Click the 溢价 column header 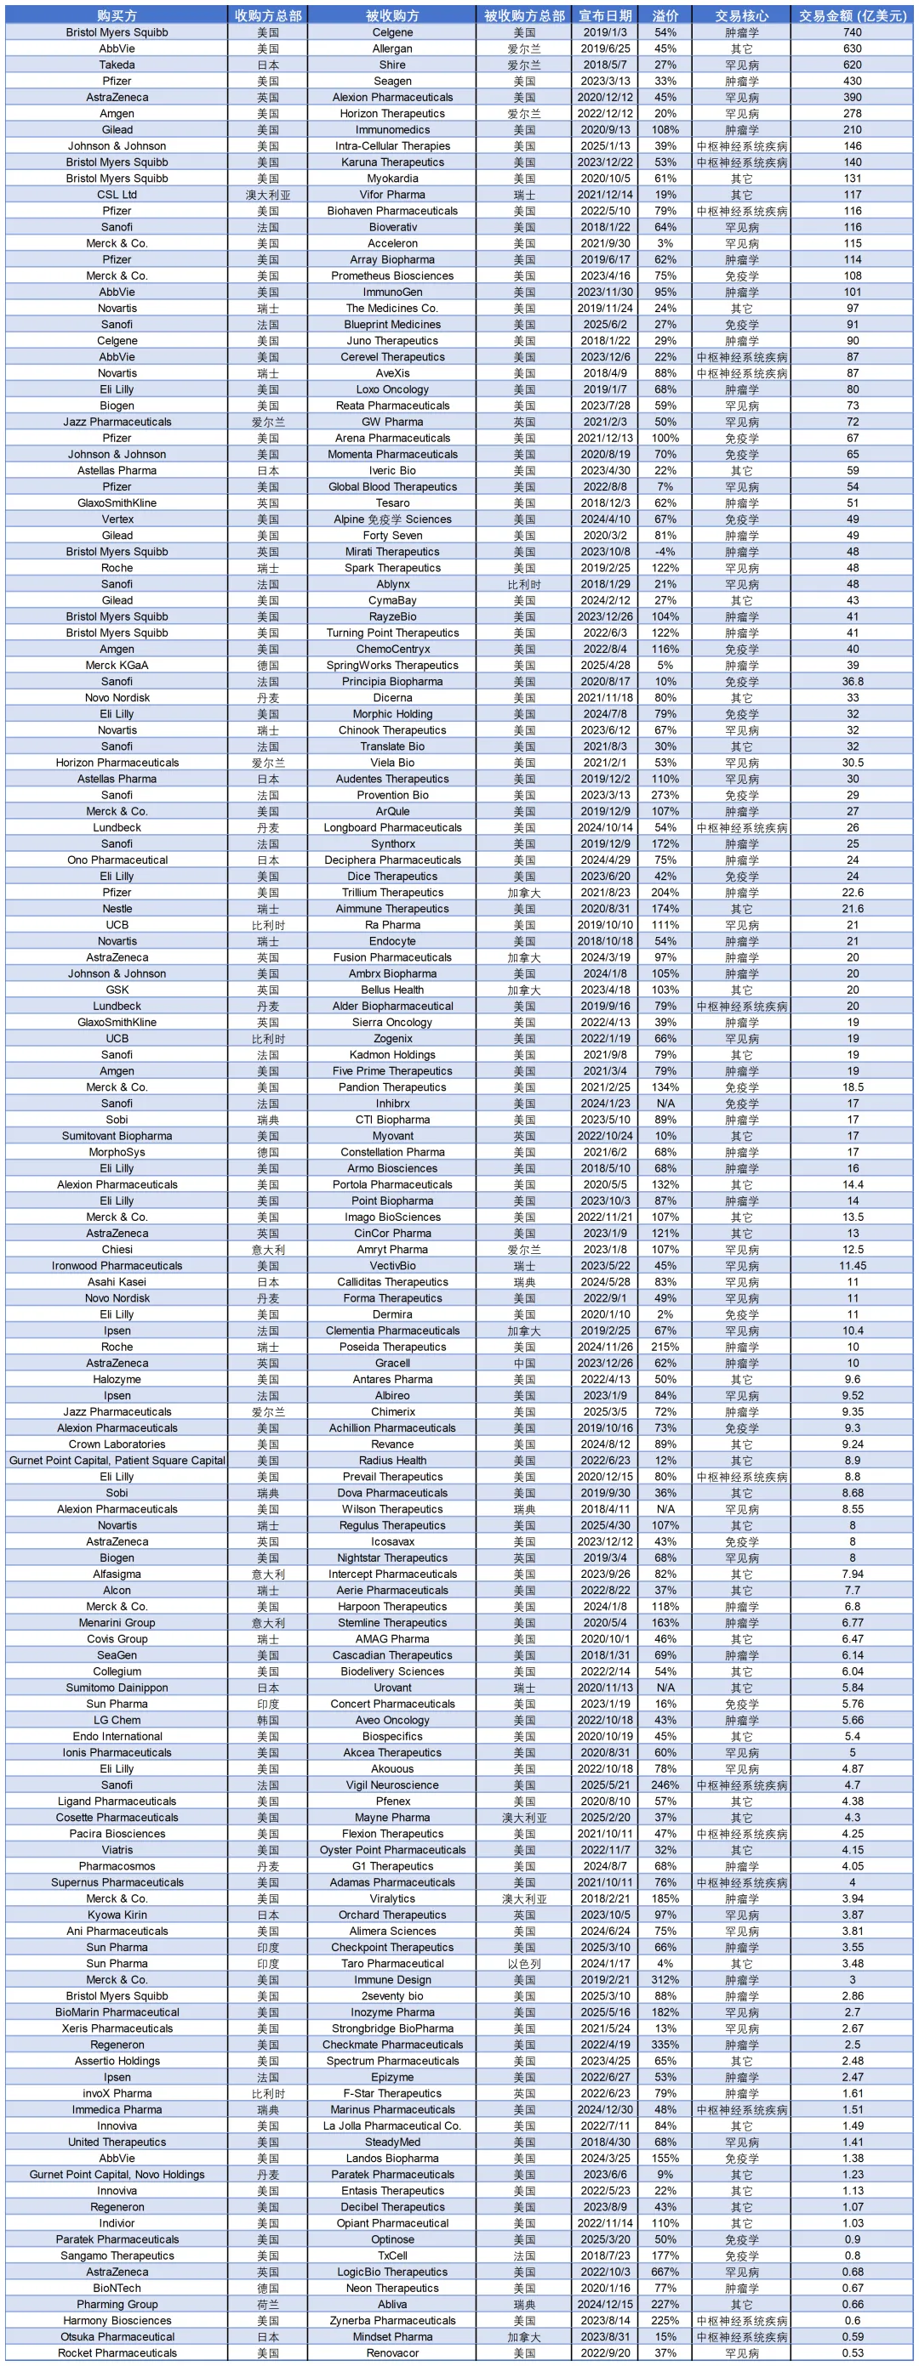(x=665, y=15)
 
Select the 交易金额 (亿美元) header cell (x=852, y=15)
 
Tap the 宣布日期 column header (x=605, y=15)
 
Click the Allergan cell (x=392, y=48)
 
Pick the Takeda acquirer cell (x=117, y=65)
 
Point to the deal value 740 (x=852, y=32)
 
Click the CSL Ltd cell (x=117, y=195)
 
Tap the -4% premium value (x=665, y=552)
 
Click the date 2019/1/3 (x=605, y=32)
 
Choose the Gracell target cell (x=392, y=1363)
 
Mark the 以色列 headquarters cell (x=524, y=1964)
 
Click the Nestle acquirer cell (x=117, y=908)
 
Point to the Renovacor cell (x=392, y=2353)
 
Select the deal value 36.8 (x=852, y=682)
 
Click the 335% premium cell (x=665, y=2045)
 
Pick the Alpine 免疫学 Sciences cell (x=392, y=519)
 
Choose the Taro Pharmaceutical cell (x=392, y=1964)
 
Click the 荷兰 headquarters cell (x=267, y=2305)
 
